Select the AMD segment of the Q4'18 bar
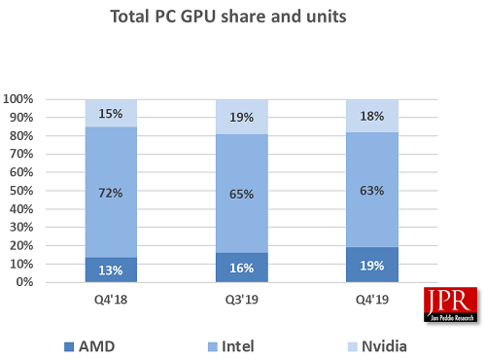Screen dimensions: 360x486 [x=111, y=270]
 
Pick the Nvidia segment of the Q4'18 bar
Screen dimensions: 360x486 [x=111, y=113]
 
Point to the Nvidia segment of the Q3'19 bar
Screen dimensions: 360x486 [x=242, y=117]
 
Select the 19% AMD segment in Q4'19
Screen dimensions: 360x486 [x=372, y=265]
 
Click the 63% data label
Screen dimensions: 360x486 [x=372, y=190]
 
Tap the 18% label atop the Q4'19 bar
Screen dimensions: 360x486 [x=372, y=116]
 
